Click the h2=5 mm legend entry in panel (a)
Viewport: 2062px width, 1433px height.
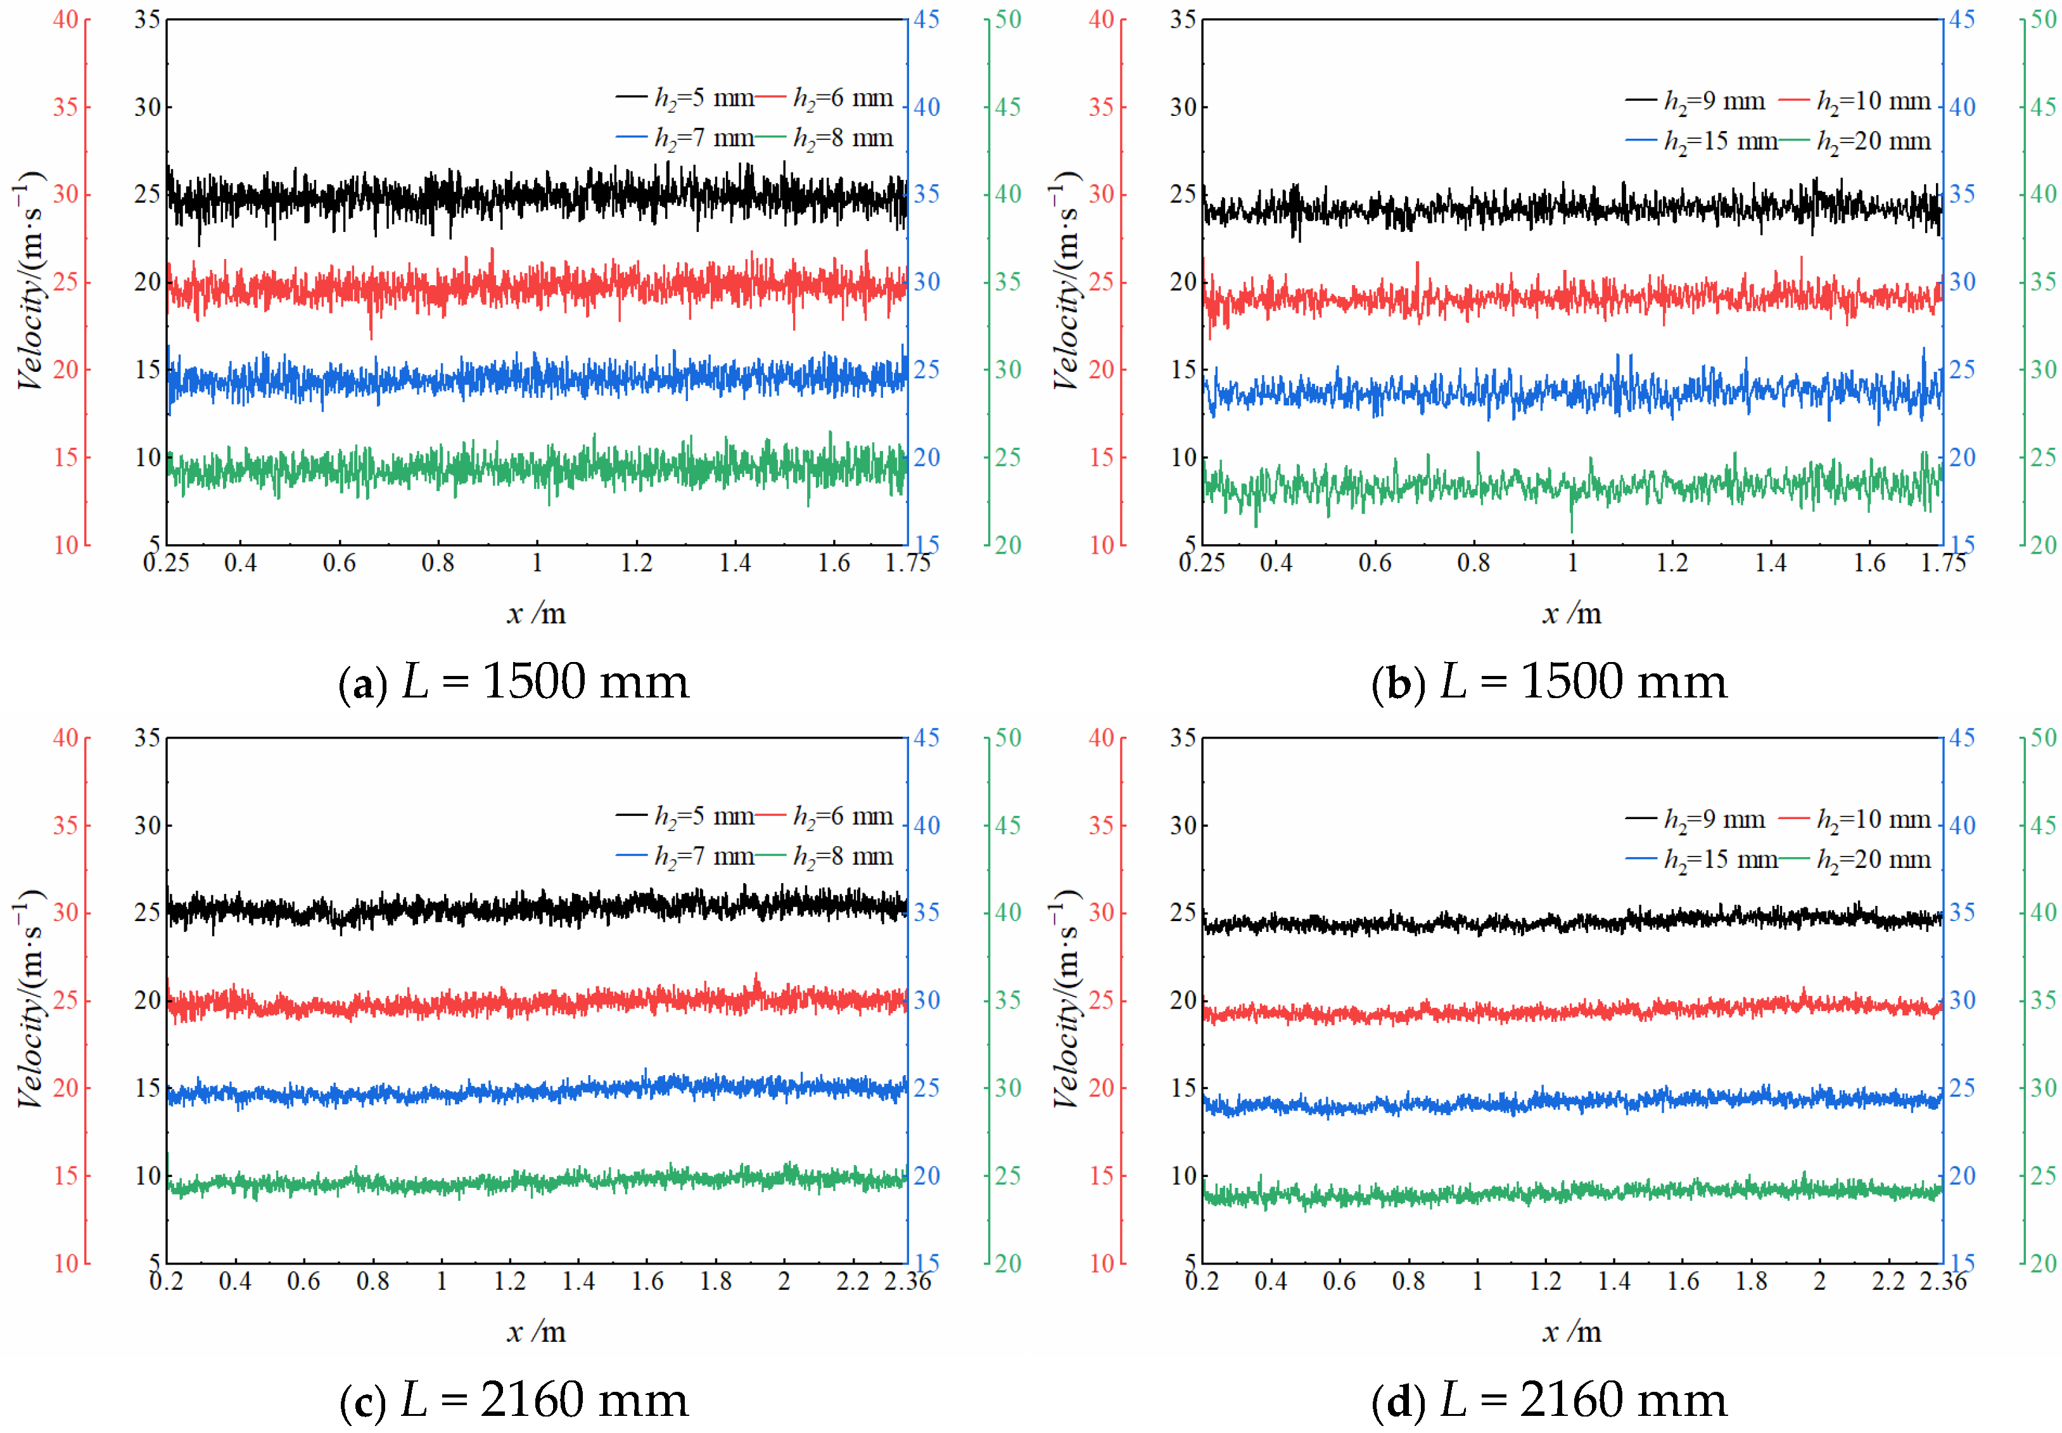pyautogui.click(x=684, y=97)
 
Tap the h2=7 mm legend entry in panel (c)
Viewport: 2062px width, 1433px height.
pyautogui.click(x=684, y=857)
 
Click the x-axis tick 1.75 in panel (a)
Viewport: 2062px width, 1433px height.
pyautogui.click(x=908, y=563)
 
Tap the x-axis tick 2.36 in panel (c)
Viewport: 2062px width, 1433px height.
pyautogui.click(x=908, y=1281)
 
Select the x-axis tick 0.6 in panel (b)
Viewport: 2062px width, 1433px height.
pyautogui.click(x=1375, y=563)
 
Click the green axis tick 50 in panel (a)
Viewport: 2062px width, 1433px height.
pyautogui.click(x=1008, y=19)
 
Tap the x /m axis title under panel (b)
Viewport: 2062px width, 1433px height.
pyautogui.click(x=1572, y=613)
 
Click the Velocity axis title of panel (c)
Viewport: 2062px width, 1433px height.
pyautogui.click(x=30, y=999)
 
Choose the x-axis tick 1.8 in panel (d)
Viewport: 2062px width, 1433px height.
pyautogui.click(x=1750, y=1281)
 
